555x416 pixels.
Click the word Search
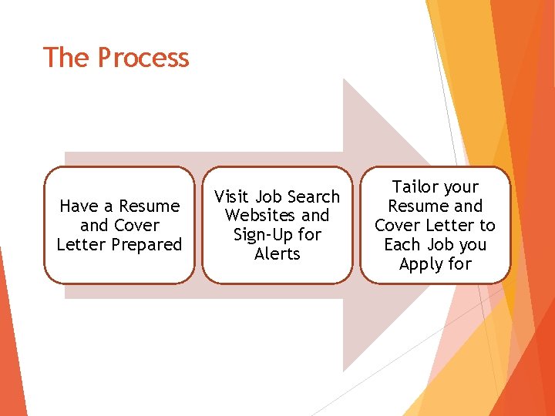314,196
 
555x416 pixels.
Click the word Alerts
277,254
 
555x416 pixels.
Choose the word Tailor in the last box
415,187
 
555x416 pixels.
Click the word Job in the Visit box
268,196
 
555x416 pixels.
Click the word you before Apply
472,246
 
